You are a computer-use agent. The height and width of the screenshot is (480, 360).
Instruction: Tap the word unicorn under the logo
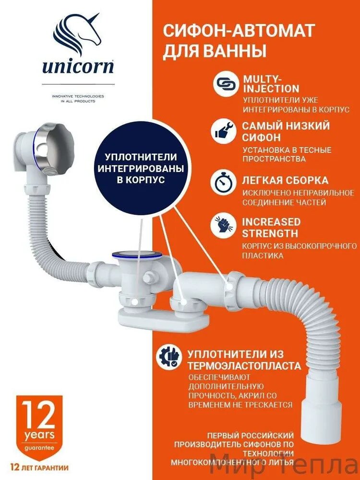point(77,66)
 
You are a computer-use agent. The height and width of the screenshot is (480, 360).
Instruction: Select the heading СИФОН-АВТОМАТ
point(239,32)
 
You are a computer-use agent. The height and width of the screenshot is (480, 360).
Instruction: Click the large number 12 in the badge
point(38,416)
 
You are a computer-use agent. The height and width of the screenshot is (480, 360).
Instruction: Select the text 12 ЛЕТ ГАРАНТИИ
point(38,467)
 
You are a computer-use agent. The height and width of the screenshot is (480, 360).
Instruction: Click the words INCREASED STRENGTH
point(271,228)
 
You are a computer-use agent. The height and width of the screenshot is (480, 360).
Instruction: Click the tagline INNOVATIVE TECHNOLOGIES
point(78,96)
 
